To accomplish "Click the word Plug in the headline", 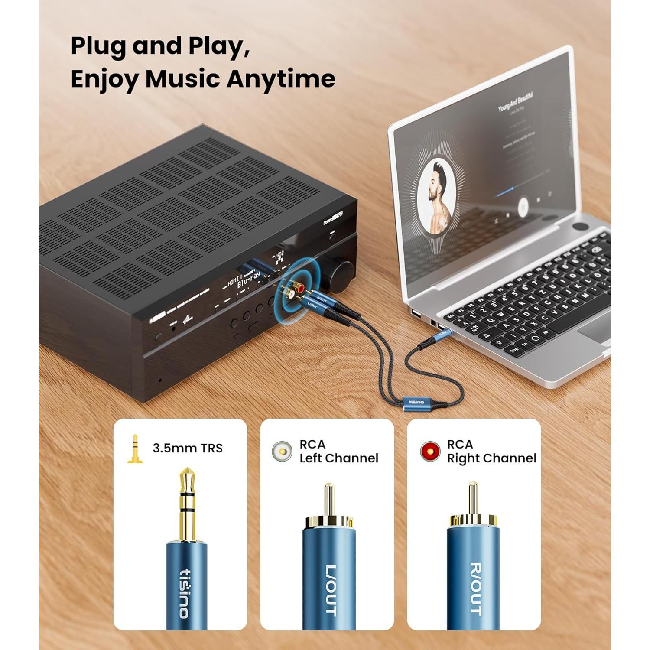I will point(98,46).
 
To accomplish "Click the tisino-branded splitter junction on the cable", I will point(416,403).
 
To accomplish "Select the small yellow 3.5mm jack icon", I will point(135,449).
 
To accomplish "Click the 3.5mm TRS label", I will point(188,448).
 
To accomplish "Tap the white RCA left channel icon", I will point(282,451).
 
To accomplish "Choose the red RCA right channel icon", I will point(430,451).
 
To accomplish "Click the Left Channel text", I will point(339,458).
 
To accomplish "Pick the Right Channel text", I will point(491,458).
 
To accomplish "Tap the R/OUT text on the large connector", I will point(475,588).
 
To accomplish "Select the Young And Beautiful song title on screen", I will point(515,101).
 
